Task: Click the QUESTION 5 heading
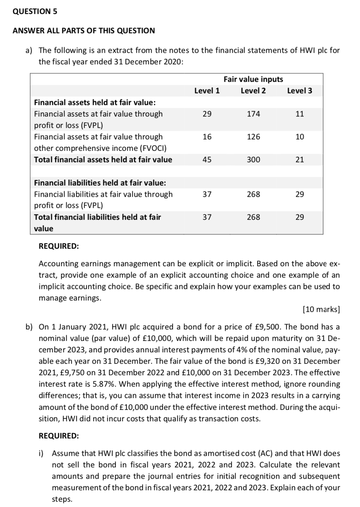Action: (x=35, y=11)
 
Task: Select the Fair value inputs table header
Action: (x=253, y=79)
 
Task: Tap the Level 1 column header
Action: (x=207, y=91)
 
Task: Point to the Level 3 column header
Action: (x=299, y=91)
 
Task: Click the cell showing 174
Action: (x=253, y=114)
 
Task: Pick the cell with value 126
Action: (x=253, y=137)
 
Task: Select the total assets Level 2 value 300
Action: (x=253, y=160)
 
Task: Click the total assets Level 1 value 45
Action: (x=207, y=160)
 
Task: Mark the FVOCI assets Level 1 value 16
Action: (x=207, y=137)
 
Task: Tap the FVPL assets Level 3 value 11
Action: (x=300, y=114)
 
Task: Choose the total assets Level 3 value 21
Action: (x=300, y=160)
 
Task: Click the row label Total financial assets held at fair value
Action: (x=103, y=160)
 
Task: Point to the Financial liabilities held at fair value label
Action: (x=100, y=183)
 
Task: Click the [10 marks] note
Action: (x=321, y=309)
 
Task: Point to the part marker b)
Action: (x=29, y=327)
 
